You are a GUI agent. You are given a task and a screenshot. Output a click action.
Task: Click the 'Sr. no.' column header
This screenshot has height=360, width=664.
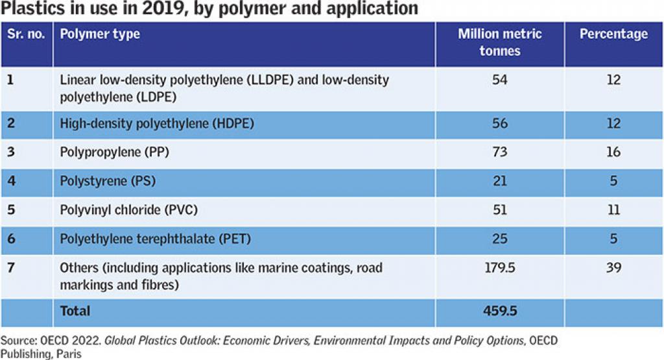(26, 34)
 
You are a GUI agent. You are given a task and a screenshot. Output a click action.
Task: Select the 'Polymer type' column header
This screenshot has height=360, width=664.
(100, 34)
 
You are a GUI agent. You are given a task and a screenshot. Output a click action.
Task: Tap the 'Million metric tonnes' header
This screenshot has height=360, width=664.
(499, 42)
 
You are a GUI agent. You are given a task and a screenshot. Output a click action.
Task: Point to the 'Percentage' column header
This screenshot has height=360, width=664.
(613, 34)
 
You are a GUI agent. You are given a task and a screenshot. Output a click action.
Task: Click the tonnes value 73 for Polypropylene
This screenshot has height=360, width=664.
(499, 152)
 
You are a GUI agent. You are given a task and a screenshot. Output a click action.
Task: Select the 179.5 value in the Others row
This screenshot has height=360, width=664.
(499, 268)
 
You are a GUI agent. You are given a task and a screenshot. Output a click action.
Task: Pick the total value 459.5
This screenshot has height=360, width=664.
(499, 311)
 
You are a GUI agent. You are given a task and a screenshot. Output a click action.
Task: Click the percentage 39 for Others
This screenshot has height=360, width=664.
(613, 268)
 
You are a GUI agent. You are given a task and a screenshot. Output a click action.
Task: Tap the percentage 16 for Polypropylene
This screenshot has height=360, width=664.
(613, 152)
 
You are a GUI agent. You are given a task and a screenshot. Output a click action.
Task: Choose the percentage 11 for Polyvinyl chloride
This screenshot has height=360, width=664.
(613, 210)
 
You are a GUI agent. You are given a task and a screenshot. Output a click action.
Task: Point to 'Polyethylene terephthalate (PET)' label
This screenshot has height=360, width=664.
(155, 239)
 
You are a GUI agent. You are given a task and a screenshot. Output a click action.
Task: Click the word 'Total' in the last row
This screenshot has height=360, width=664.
(75, 311)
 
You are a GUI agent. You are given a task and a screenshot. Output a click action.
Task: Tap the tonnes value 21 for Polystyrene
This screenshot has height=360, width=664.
(499, 182)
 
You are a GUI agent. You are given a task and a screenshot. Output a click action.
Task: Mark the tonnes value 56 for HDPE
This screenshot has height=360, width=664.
(499, 124)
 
